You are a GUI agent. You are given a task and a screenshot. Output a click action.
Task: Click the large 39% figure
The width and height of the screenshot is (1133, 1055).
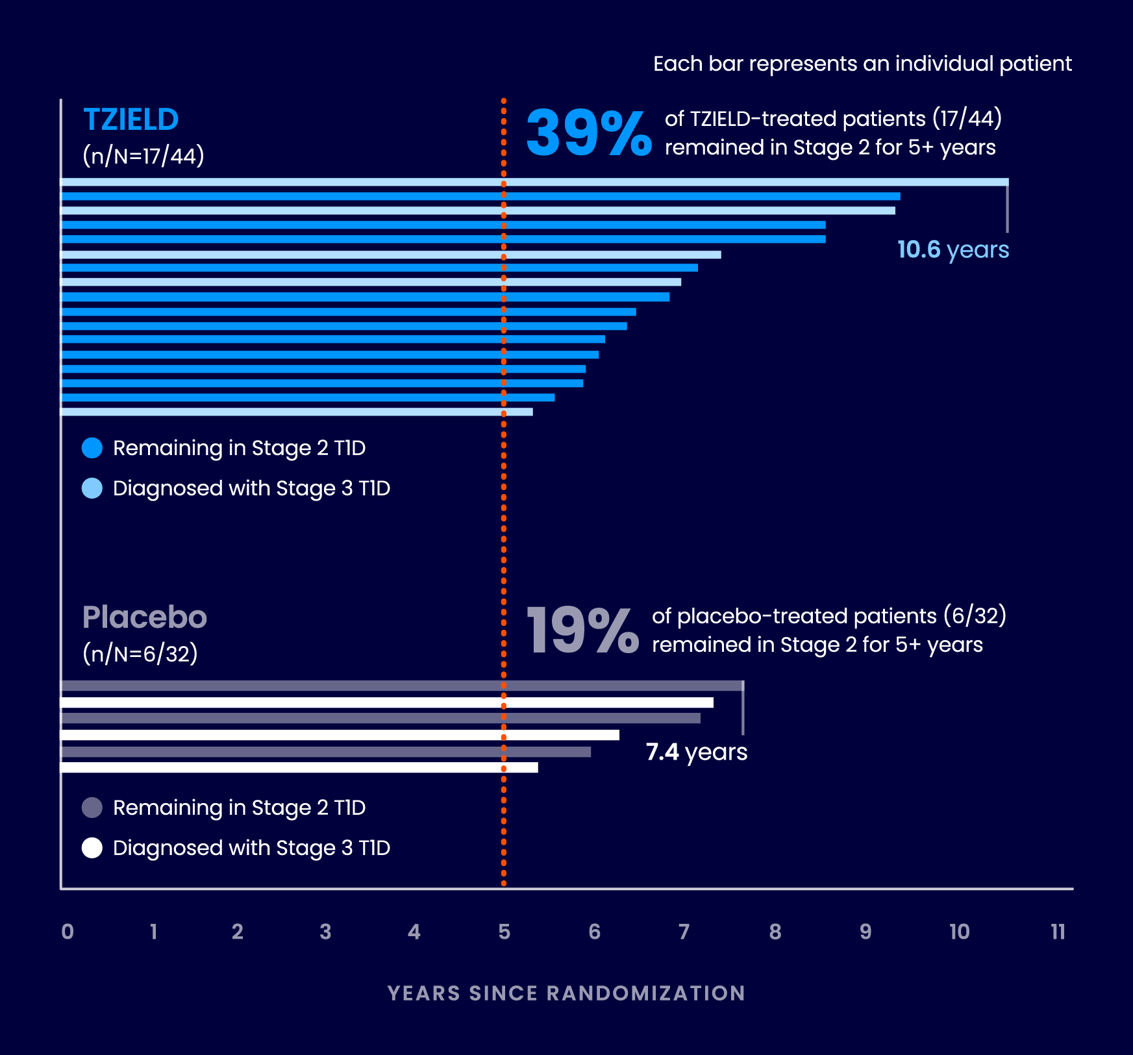coord(588,133)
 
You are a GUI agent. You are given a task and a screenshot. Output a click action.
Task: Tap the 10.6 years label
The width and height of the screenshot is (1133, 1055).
coord(952,250)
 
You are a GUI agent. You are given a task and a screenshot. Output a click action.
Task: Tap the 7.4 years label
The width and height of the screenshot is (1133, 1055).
coord(696,752)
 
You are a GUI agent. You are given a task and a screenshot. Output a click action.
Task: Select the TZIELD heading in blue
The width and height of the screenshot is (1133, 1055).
coord(131,119)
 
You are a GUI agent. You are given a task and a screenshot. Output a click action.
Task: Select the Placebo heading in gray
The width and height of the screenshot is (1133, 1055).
coord(144,617)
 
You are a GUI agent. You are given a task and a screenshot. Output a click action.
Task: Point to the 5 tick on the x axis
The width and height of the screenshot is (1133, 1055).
coord(504,932)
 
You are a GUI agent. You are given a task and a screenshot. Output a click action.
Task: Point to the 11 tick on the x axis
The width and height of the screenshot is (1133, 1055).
coord(1058,932)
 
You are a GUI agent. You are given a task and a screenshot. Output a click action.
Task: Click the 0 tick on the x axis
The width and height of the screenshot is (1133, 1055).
coord(68,932)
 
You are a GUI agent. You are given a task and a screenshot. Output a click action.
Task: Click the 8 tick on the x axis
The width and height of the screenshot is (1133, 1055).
coord(775,932)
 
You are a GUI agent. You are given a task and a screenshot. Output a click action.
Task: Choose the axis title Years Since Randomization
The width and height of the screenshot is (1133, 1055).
coord(566,993)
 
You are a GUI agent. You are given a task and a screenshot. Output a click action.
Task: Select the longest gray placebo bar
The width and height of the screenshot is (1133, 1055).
coord(402,686)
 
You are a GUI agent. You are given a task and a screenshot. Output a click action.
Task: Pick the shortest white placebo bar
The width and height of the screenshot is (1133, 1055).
coord(299,767)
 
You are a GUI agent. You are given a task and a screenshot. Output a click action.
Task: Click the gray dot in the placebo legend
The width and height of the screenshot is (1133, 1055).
coord(92,808)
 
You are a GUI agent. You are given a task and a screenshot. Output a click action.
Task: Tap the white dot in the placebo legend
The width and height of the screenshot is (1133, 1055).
coord(92,848)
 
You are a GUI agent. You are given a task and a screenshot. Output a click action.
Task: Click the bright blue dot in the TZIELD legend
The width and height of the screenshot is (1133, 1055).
coord(92,448)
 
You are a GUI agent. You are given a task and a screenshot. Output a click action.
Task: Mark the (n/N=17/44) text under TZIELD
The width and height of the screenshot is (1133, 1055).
coord(143,156)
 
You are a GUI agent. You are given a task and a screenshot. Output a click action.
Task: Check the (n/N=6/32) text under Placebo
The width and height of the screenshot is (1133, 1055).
coord(140,653)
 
